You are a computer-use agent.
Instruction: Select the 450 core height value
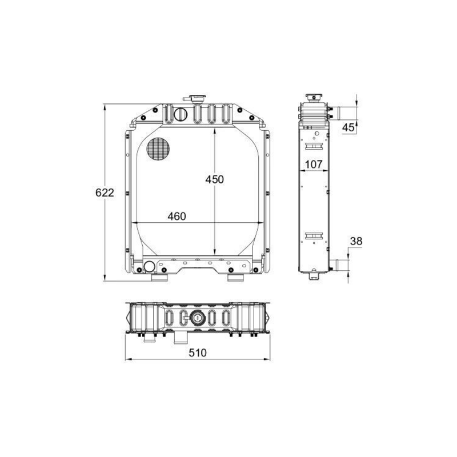click(215, 179)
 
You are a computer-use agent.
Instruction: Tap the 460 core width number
click(177, 217)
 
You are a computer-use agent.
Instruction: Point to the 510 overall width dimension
click(197, 353)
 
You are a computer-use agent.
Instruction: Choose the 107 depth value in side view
click(314, 165)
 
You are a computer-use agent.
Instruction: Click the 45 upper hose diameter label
click(348, 128)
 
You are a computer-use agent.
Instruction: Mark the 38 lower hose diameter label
click(355, 242)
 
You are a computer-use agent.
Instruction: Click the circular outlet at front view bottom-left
click(150, 266)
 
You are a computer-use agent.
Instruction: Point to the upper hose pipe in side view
click(337, 111)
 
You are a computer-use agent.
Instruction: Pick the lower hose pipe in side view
click(339, 266)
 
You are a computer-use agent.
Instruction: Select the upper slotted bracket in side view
click(314, 146)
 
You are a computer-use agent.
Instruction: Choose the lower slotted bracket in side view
click(314, 236)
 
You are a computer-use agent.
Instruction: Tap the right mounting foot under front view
click(235, 278)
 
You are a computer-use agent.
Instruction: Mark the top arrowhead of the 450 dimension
click(215, 131)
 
